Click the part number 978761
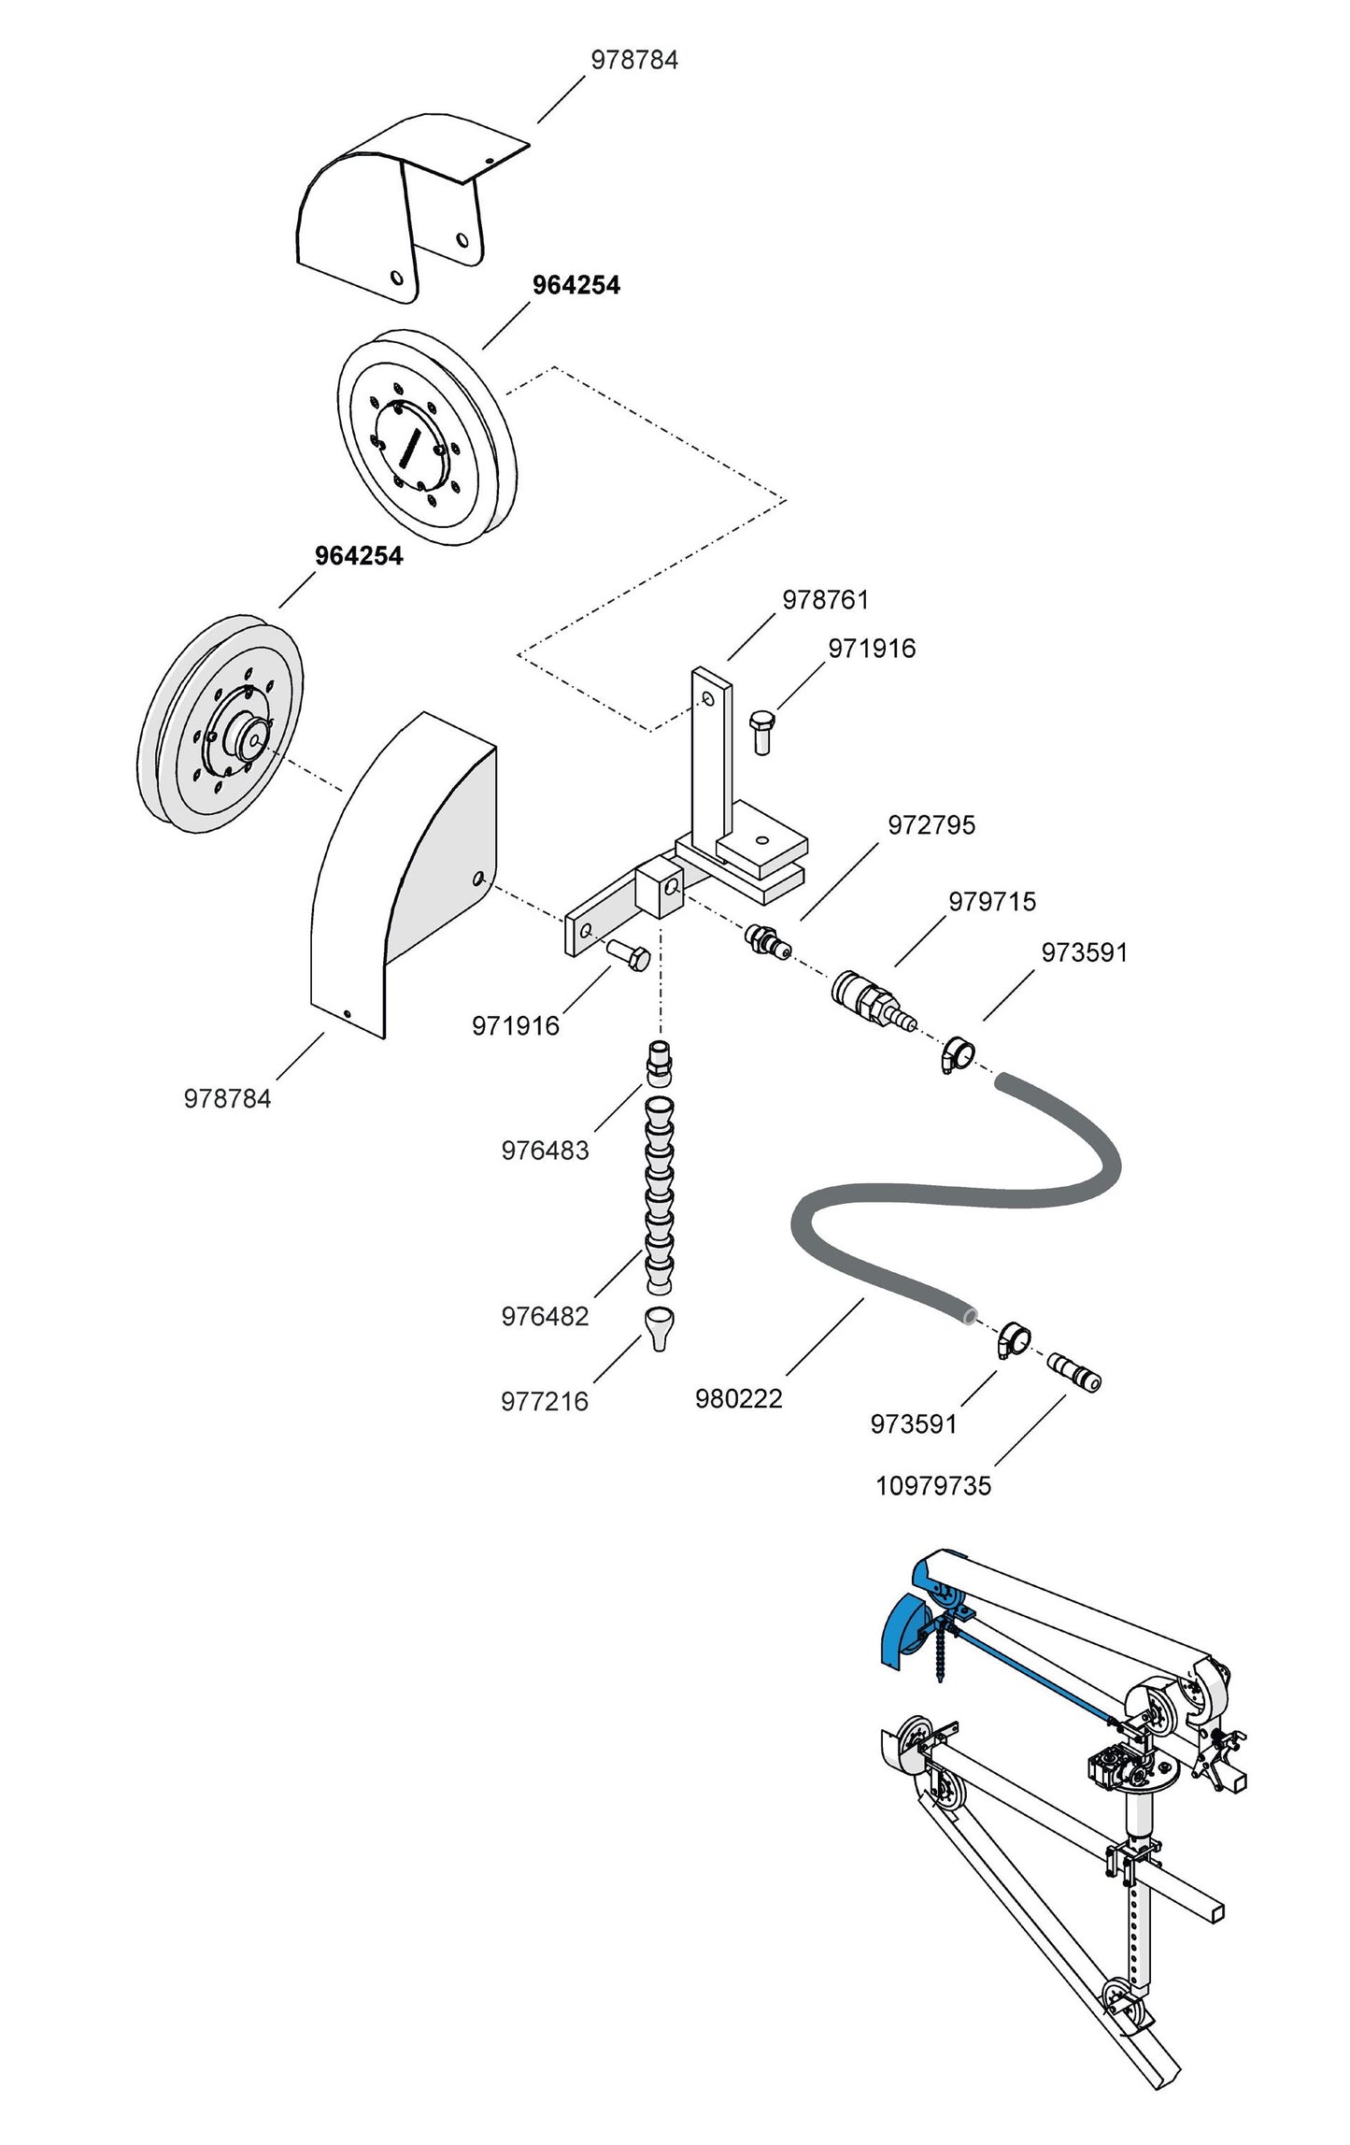[825, 600]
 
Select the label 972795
[931, 825]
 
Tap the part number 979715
[992, 902]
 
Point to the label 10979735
[932, 1485]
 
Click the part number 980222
[738, 1399]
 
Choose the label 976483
[545, 1151]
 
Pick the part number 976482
[545, 1316]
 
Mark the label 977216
[545, 1401]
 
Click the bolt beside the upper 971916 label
[761, 732]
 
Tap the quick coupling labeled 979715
[869, 999]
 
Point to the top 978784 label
[634, 60]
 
